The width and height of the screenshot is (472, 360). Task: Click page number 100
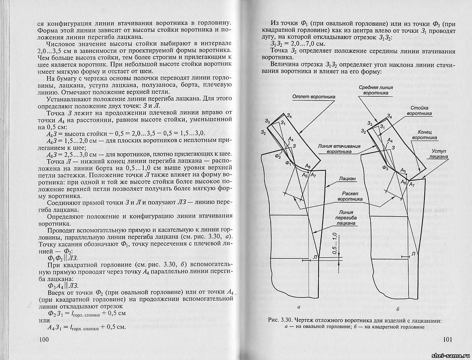(x=45, y=339)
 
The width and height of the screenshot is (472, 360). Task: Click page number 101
(x=449, y=339)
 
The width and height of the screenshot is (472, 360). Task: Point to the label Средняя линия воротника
(x=376, y=90)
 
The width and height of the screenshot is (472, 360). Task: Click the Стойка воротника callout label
(x=419, y=110)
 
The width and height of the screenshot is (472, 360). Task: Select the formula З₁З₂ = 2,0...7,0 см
(x=296, y=45)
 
